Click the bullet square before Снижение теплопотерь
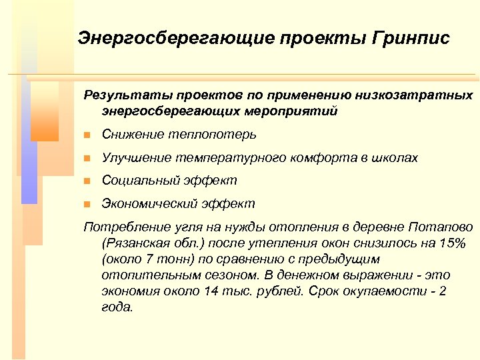pyautogui.click(x=86, y=135)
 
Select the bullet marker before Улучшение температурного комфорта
pyautogui.click(x=86, y=159)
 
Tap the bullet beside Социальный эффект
pyautogui.click(x=86, y=181)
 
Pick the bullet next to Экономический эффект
pyautogui.click(x=86, y=204)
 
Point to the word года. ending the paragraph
pyautogui.click(x=118, y=307)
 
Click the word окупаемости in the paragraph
pyautogui.click(x=393, y=291)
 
